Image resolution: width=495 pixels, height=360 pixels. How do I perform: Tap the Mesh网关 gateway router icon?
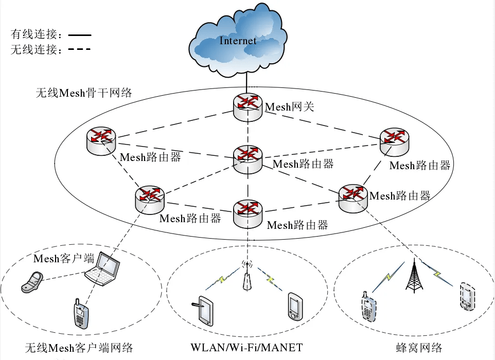coord(248,106)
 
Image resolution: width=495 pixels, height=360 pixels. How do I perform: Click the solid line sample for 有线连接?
coord(80,35)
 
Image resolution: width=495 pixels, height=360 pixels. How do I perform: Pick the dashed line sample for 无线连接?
coord(80,49)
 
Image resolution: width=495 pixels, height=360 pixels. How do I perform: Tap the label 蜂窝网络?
coord(419,347)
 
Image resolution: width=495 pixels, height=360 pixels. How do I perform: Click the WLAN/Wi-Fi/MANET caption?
coord(246,347)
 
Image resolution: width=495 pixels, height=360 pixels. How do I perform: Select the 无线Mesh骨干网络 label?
coord(84,93)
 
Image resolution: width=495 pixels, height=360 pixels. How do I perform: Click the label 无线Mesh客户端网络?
coord(79,348)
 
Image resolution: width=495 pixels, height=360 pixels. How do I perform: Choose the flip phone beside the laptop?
coord(32,282)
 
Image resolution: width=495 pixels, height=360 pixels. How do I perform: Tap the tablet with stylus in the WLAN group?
coord(203,311)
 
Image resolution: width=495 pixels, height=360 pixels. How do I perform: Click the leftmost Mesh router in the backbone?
coord(101,141)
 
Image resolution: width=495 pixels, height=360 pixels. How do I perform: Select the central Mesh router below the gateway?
coord(248,159)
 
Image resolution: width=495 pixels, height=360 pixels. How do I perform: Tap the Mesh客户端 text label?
coord(64,259)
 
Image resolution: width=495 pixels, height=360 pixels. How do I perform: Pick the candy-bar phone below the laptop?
coord(81,314)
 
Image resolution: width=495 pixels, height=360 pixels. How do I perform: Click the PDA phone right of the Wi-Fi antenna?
coord(295,307)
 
